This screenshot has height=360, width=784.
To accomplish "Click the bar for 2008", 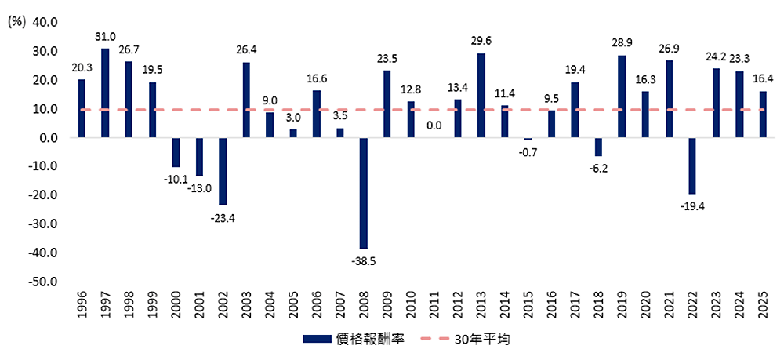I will [364, 193].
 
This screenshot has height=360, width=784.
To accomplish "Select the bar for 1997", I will [105, 93].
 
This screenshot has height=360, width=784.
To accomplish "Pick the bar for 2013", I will [481, 96].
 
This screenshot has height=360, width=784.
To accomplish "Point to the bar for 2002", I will [223, 171].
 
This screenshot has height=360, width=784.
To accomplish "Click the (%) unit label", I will [16, 22].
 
